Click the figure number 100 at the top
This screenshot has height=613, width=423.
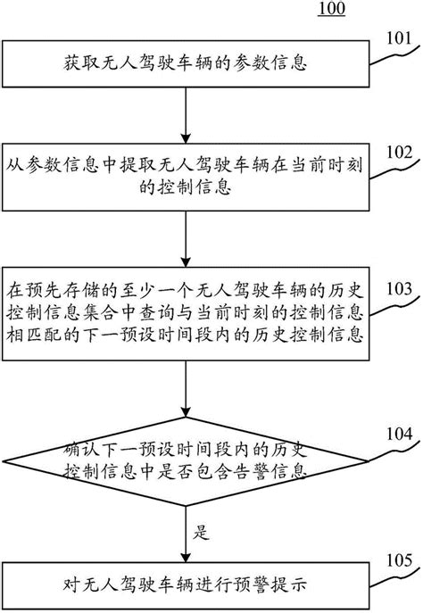328,10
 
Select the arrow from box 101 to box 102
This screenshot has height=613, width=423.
184,114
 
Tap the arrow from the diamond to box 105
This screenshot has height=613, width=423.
184,535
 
